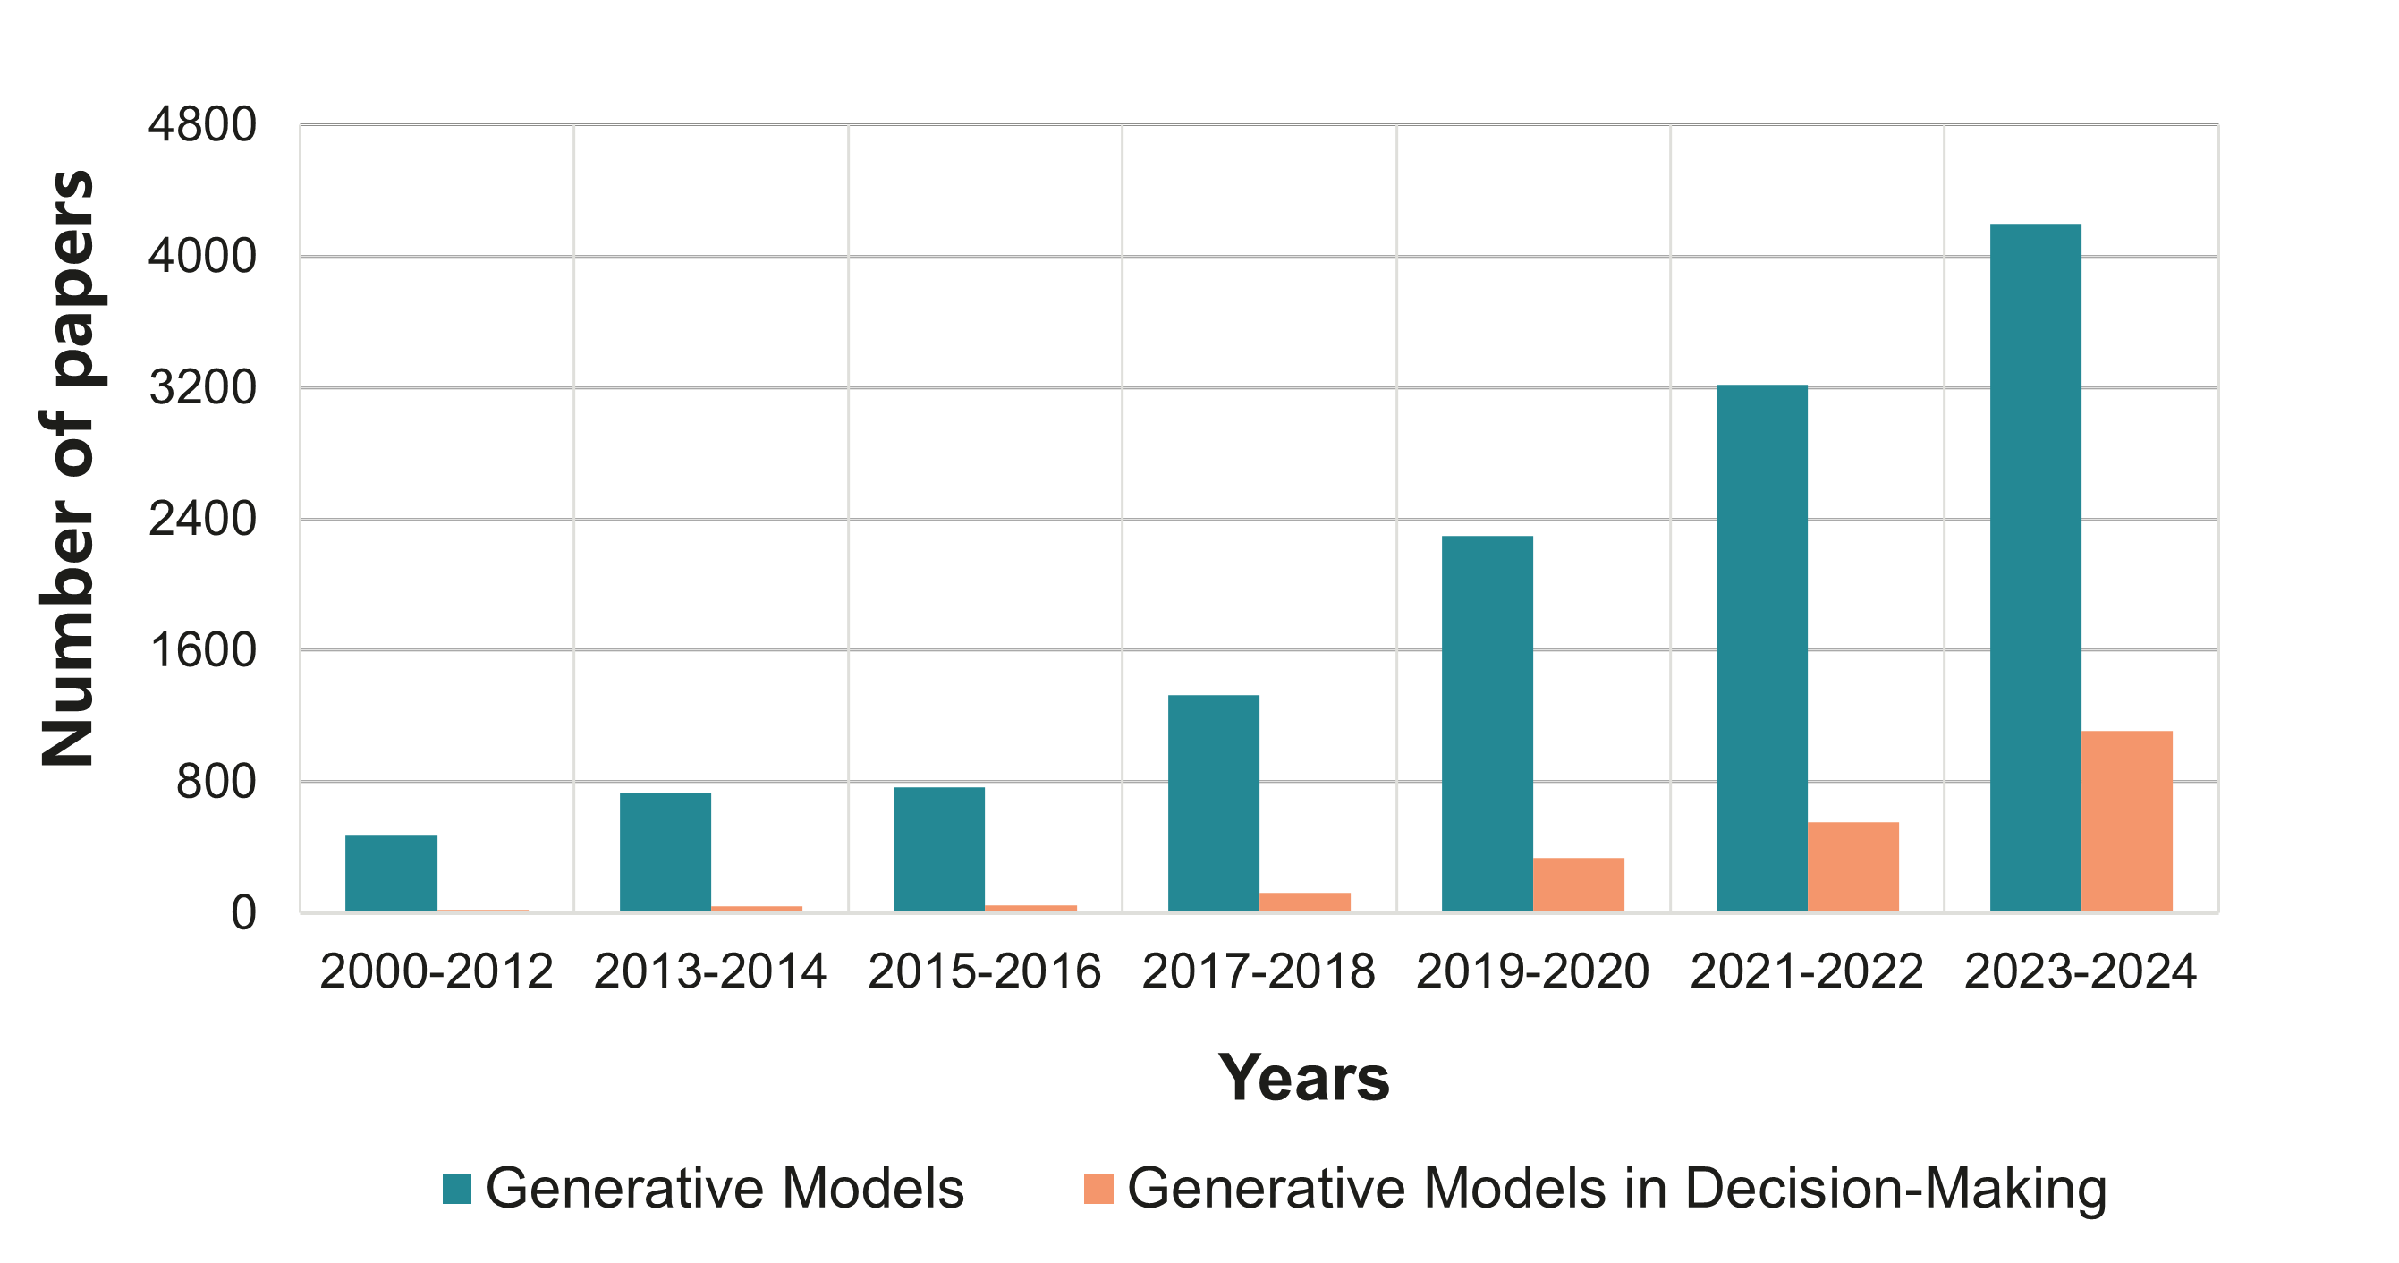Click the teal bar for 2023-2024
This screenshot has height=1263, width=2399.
click(x=2036, y=567)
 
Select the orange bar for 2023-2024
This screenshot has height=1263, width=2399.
click(x=2127, y=820)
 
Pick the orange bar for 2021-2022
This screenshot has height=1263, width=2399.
click(x=1853, y=866)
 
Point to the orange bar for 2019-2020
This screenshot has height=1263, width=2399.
click(x=1579, y=884)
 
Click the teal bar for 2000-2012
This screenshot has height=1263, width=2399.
click(x=391, y=873)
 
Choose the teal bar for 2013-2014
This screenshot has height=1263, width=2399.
click(x=665, y=852)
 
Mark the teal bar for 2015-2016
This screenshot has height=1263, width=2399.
click(x=938, y=849)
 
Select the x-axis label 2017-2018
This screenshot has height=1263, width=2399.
click(x=1259, y=972)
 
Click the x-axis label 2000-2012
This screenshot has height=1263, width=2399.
click(x=436, y=972)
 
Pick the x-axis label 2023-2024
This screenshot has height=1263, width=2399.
click(x=2081, y=972)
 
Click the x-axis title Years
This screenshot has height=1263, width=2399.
click(x=1304, y=1078)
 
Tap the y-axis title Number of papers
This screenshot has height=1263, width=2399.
click(x=69, y=470)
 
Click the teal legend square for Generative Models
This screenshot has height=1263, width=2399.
click(x=457, y=1190)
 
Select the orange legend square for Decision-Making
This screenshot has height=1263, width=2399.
click(x=1099, y=1190)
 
